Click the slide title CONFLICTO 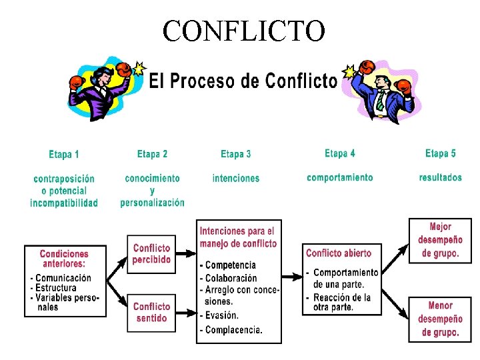243,30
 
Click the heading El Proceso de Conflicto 242,81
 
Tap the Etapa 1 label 64,155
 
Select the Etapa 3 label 236,155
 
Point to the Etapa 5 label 441,154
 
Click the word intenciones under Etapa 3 236,179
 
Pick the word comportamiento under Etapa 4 340,178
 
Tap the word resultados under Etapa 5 441,177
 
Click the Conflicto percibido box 151,254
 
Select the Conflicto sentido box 151,313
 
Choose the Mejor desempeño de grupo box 440,241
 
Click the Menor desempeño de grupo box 440,319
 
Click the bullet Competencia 230,265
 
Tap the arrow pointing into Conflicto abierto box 292,275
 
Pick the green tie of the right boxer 379,101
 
